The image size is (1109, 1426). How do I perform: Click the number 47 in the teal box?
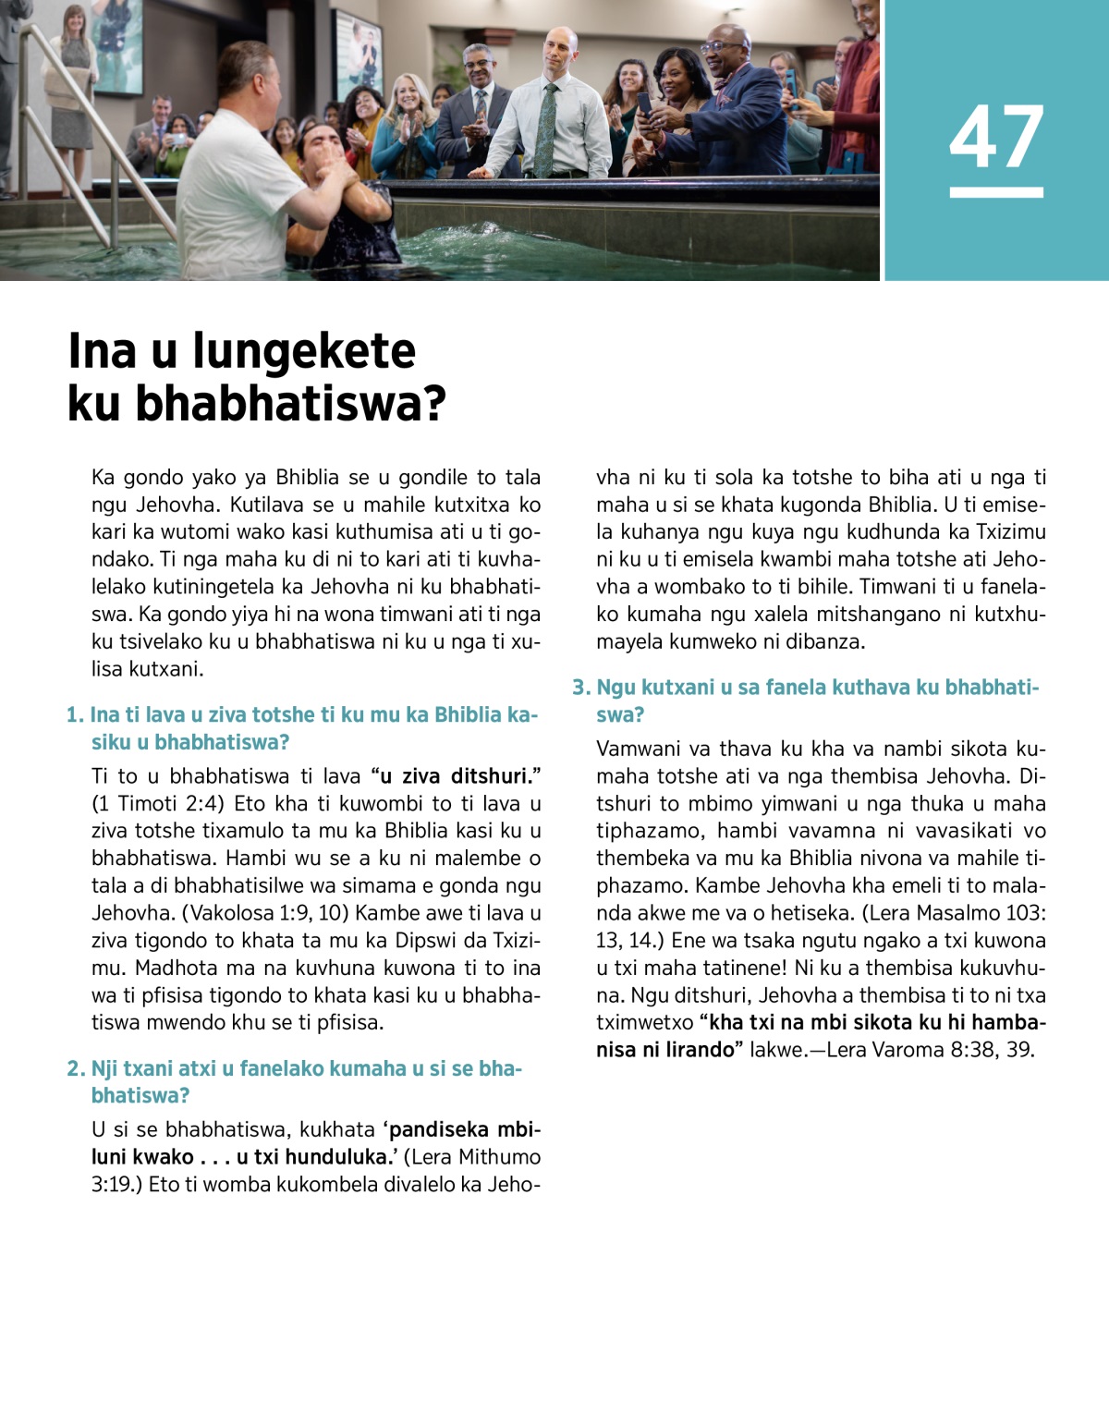(x=996, y=137)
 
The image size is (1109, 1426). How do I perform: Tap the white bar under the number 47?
(x=996, y=192)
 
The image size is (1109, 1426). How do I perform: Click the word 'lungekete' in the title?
(x=304, y=351)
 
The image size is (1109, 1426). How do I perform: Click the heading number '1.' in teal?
(x=75, y=715)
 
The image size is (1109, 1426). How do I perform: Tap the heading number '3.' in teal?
(x=580, y=688)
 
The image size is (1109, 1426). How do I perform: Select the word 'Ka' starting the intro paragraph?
(x=103, y=478)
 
